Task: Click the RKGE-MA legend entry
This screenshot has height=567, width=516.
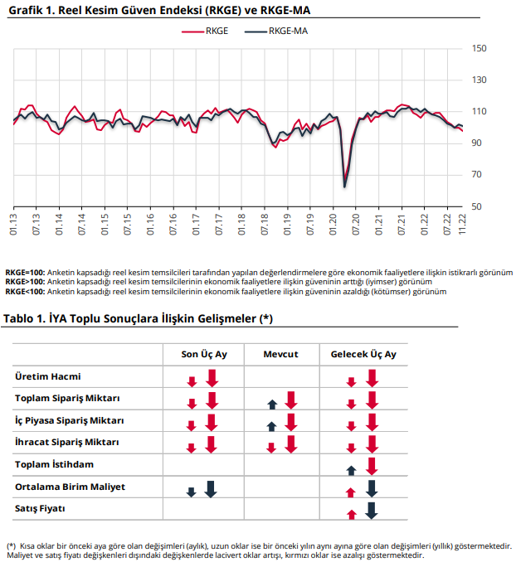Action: [x=276, y=31]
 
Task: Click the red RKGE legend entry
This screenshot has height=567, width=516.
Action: [x=205, y=31]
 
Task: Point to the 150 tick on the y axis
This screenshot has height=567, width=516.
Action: [x=479, y=48]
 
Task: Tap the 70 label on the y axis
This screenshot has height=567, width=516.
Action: [x=476, y=175]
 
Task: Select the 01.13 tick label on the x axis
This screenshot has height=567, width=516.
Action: [x=13, y=225]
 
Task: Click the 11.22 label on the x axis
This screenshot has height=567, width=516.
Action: [x=462, y=225]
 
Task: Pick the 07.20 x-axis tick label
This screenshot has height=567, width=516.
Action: [x=356, y=225]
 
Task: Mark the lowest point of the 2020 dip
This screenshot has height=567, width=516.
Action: [x=344, y=187]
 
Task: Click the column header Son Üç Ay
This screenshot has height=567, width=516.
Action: [x=204, y=355]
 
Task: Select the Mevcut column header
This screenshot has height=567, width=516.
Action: [x=280, y=355]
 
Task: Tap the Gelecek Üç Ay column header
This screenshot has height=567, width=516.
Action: [x=363, y=355]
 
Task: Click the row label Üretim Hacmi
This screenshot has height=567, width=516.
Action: [x=48, y=376]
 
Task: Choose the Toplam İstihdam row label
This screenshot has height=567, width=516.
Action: [x=54, y=464]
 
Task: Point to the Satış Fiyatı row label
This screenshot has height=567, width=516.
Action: [x=40, y=508]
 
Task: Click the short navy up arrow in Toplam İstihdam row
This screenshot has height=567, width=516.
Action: [x=352, y=471]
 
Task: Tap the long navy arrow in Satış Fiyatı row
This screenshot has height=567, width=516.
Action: [x=372, y=511]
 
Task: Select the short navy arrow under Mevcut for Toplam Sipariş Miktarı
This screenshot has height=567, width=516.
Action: [x=272, y=405]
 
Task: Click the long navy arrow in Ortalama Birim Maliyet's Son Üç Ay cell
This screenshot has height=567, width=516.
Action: [x=211, y=489]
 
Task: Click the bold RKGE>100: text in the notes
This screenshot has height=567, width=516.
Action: [x=26, y=282]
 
